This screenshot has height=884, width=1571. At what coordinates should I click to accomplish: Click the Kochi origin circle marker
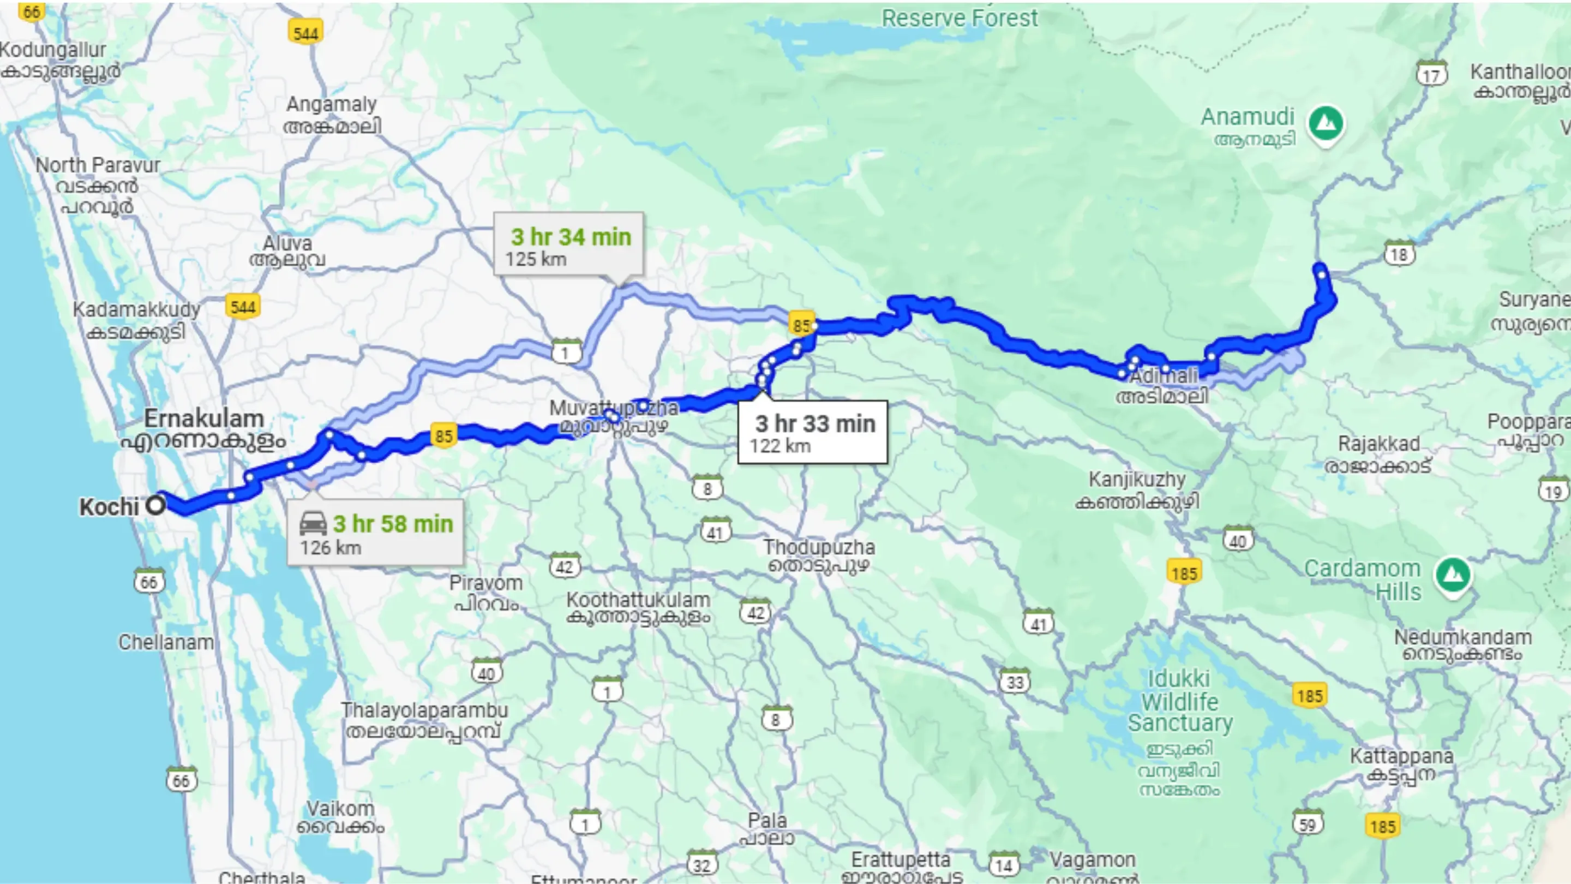[x=156, y=505]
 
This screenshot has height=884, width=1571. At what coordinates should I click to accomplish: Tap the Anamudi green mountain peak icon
[x=1325, y=124]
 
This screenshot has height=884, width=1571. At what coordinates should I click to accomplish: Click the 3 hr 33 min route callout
[x=812, y=433]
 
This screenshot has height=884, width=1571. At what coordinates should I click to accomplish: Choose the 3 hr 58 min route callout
[x=376, y=533]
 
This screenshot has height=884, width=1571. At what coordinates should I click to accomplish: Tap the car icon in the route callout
[x=314, y=523]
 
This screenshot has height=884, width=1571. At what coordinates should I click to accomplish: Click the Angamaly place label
[x=332, y=114]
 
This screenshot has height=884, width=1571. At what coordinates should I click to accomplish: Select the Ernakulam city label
[x=203, y=429]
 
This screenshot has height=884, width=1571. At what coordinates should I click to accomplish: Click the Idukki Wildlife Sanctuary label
[x=1179, y=701]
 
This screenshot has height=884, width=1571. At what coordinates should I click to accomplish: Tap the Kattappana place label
[x=1401, y=764]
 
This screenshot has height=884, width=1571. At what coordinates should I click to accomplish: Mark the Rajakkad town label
[x=1379, y=454]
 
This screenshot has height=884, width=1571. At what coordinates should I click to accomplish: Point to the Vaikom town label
[x=340, y=817]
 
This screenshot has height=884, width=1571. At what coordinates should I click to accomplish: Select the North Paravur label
[x=98, y=185]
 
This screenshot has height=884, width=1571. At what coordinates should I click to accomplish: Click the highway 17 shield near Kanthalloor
[x=1431, y=74]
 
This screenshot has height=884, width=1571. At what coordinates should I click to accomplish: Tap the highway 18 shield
[x=1399, y=254]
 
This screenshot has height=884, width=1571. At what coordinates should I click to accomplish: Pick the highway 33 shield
[x=1015, y=681]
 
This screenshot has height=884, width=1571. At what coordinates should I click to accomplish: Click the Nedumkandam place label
[x=1462, y=645]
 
